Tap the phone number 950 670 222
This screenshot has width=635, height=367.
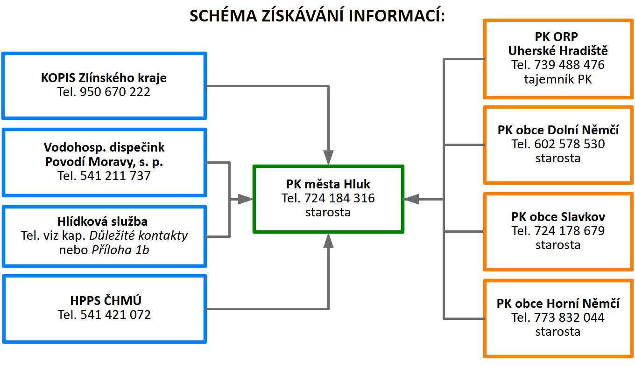point(115,92)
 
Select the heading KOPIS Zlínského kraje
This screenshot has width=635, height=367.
point(104,77)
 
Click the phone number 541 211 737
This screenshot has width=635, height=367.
point(115,176)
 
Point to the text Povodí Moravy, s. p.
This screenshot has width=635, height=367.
point(104,162)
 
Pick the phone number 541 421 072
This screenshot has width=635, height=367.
point(115,315)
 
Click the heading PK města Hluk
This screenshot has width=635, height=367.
point(328,184)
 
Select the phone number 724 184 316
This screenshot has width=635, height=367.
point(339,198)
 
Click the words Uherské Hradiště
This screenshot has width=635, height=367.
point(558,50)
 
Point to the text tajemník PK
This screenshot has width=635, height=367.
point(558,79)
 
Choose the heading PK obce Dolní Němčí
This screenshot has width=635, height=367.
point(558,130)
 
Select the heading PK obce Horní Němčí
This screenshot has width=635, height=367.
point(558,304)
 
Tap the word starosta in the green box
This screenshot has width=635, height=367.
point(328,212)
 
